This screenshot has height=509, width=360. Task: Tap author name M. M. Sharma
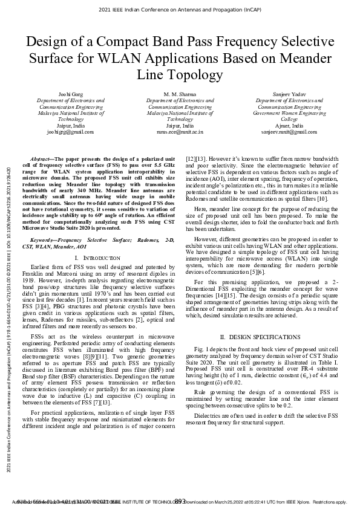(180, 95)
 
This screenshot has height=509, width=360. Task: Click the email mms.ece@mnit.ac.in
(180, 131)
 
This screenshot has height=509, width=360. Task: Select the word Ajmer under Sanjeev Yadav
(283, 125)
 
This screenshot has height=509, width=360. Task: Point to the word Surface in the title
(55, 59)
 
